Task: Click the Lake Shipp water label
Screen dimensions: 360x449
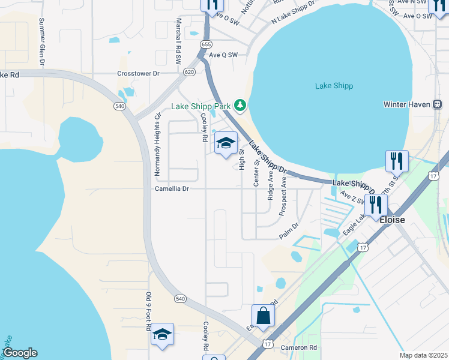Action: click(x=334, y=86)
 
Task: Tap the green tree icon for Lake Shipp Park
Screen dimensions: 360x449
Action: click(x=241, y=106)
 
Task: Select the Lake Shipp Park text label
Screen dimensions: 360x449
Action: click(x=201, y=106)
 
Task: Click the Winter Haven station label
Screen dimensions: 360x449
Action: click(x=406, y=104)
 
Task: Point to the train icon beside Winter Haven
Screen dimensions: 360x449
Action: click(x=438, y=104)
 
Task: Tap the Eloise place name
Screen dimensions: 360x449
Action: click(x=393, y=220)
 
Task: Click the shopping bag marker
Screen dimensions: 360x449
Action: click(x=263, y=315)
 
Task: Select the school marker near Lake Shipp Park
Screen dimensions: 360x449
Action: click(x=226, y=143)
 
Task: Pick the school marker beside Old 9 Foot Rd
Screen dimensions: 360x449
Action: click(x=162, y=334)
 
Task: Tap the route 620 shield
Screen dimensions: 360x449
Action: click(x=189, y=71)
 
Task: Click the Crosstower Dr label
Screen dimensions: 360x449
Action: click(x=138, y=73)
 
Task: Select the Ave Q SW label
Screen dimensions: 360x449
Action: click(x=223, y=55)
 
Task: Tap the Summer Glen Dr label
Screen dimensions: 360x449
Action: click(x=42, y=41)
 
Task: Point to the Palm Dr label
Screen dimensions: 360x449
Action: click(x=289, y=232)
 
